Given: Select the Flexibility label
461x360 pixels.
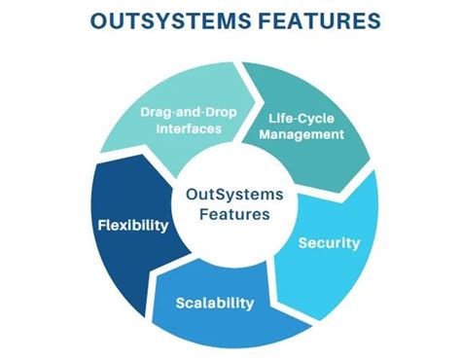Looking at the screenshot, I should (x=133, y=225).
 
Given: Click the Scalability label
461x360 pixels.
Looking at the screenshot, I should (x=215, y=303).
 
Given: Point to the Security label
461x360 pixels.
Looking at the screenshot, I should (x=329, y=242).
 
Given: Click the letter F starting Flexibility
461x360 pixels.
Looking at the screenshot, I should (x=102, y=225).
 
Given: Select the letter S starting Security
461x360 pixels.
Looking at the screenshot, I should (x=302, y=242).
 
